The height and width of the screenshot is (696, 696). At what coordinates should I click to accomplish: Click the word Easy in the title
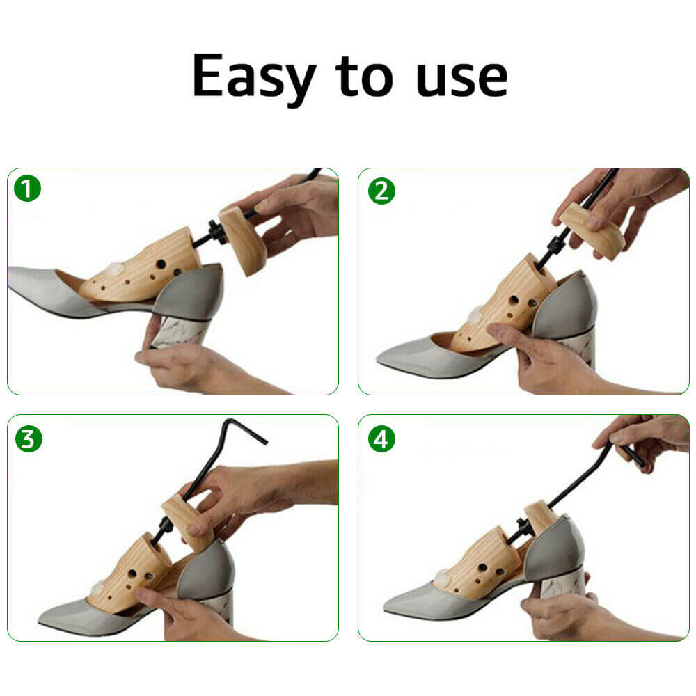(253, 77)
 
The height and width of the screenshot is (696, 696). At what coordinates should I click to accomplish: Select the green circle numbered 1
(27, 189)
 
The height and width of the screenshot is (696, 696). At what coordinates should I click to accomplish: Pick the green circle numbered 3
(29, 438)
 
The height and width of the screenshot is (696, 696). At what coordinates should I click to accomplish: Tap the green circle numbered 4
(381, 438)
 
